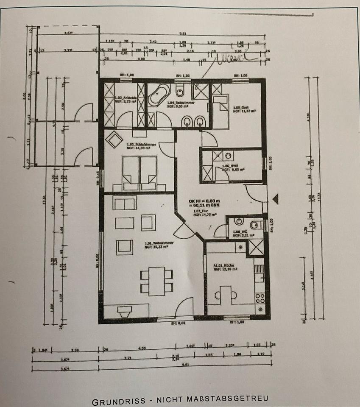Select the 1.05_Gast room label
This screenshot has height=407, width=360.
click(x=238, y=108)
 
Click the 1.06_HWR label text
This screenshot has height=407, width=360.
click(x=229, y=166)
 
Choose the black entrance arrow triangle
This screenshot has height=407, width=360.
click(x=276, y=198)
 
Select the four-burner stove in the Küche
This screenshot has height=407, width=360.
click(x=259, y=298)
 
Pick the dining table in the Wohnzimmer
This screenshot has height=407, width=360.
click(x=156, y=281)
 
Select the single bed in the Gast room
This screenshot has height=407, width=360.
click(x=220, y=112)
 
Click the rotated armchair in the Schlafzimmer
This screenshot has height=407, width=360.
click(x=114, y=140)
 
